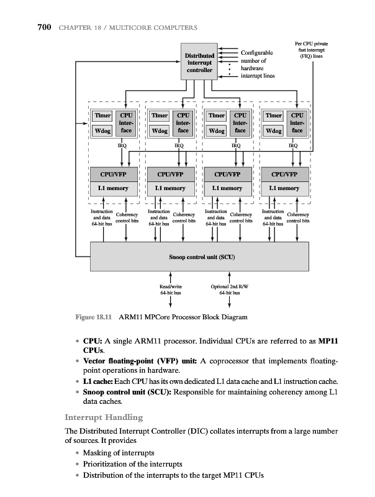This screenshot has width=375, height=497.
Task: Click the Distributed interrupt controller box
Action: (200, 62)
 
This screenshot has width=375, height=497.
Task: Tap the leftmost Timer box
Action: (101, 116)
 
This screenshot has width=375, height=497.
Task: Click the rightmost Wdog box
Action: (273, 131)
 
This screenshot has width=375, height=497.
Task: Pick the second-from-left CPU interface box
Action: (183, 123)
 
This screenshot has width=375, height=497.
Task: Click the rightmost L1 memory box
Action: (285, 188)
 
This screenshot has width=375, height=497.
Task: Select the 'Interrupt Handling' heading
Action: (104, 417)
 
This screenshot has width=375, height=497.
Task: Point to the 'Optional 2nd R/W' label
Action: (230, 286)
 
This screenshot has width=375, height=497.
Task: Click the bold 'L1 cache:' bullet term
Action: (94, 381)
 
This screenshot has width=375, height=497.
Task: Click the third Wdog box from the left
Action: (217, 131)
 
